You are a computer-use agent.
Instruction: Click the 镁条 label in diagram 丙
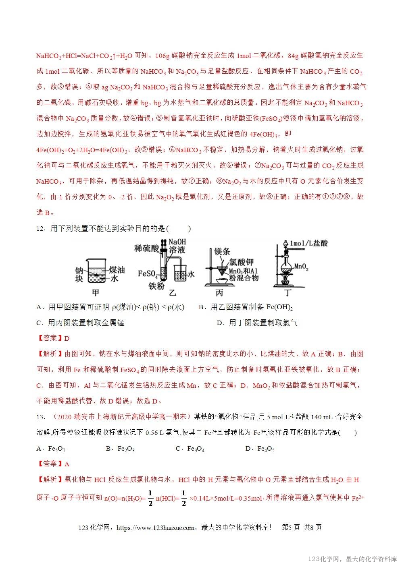coord(222,251)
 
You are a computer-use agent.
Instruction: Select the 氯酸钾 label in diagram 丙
coord(242,261)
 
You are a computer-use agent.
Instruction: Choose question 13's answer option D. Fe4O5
coord(260,448)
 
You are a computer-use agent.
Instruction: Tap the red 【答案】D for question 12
coord(53,338)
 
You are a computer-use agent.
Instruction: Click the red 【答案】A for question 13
coord(53,464)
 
